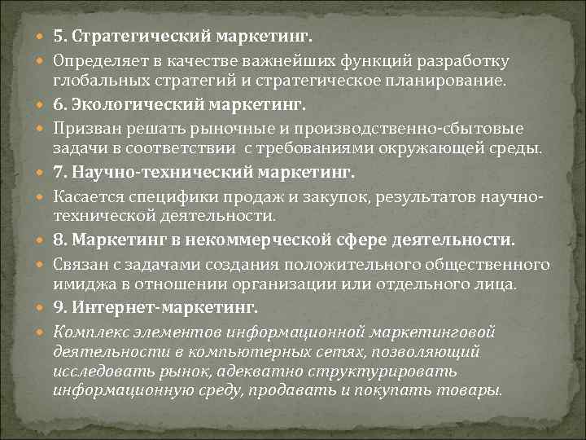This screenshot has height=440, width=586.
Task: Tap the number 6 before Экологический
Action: [x=59, y=106]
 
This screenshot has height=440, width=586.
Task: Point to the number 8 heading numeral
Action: [x=59, y=241]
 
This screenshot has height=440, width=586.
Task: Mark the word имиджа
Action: [x=79, y=284]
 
